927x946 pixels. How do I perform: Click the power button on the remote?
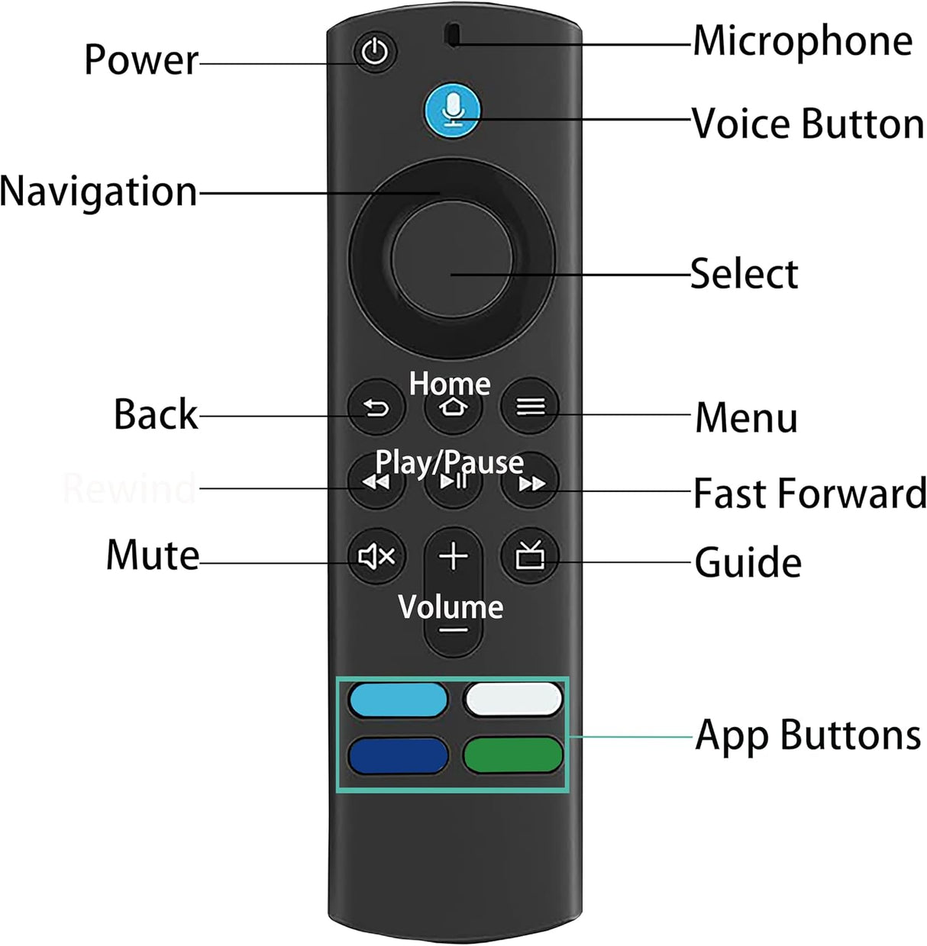click(x=375, y=53)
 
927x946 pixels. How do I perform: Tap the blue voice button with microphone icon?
click(x=453, y=109)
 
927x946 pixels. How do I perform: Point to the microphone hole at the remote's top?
click(x=453, y=35)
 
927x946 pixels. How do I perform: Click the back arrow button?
click(x=376, y=408)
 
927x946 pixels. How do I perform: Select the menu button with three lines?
click(x=530, y=407)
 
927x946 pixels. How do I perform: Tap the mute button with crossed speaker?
click(x=376, y=557)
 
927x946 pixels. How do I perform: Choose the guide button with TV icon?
click(x=530, y=556)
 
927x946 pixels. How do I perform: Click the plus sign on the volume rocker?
click(x=454, y=556)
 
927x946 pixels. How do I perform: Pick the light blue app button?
click(x=398, y=700)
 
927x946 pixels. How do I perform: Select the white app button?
click(x=512, y=700)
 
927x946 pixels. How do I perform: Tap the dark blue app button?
click(x=398, y=755)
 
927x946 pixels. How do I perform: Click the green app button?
click(x=512, y=755)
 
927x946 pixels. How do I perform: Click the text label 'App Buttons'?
click(x=807, y=735)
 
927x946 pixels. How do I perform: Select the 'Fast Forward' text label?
click(x=809, y=493)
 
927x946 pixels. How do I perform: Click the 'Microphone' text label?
click(x=802, y=40)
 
